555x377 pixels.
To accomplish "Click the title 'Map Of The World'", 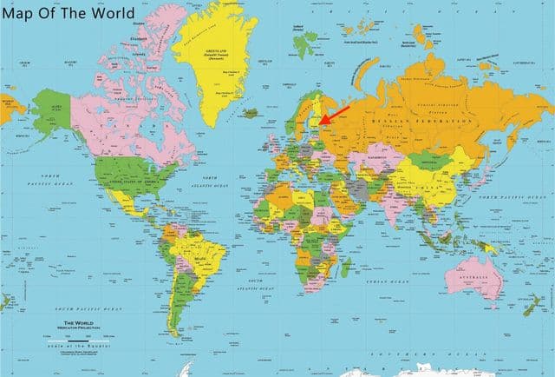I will [x=68, y=13].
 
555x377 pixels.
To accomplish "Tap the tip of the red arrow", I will [x=319, y=123].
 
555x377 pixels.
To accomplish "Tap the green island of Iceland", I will [x=252, y=112].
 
